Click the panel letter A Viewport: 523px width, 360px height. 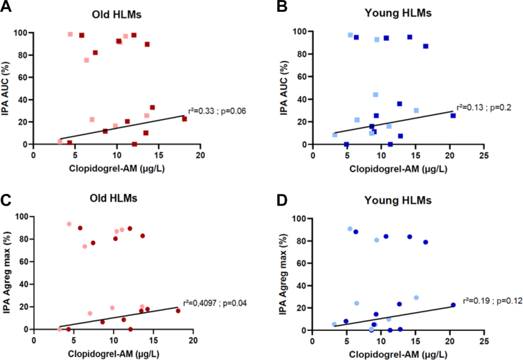pyautogui.click(x=7, y=8)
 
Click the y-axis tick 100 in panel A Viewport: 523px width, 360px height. pyautogui.click(x=24, y=33)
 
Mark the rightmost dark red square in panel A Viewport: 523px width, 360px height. pyautogui.click(x=184, y=118)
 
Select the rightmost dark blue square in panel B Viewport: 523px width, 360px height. pyautogui.click(x=453, y=116)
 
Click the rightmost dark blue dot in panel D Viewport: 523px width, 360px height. pyautogui.click(x=453, y=305)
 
